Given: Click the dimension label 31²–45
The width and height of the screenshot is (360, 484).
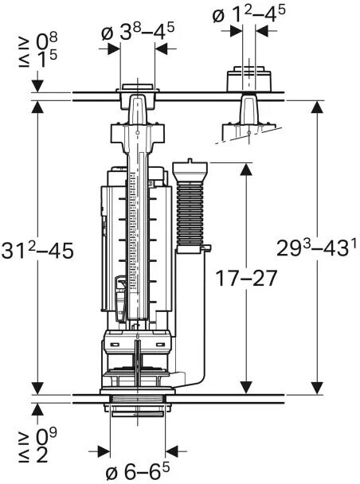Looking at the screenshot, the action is point(37,250).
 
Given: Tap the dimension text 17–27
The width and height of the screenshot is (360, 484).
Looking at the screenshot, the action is point(246,278).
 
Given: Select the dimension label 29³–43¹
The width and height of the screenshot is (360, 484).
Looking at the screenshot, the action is point(317,247).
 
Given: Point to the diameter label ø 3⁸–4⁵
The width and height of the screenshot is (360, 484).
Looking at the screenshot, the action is point(138,32).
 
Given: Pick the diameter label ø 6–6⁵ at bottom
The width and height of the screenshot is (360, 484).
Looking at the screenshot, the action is point(138,472).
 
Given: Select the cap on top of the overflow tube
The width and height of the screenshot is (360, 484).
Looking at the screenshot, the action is point(190,170).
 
